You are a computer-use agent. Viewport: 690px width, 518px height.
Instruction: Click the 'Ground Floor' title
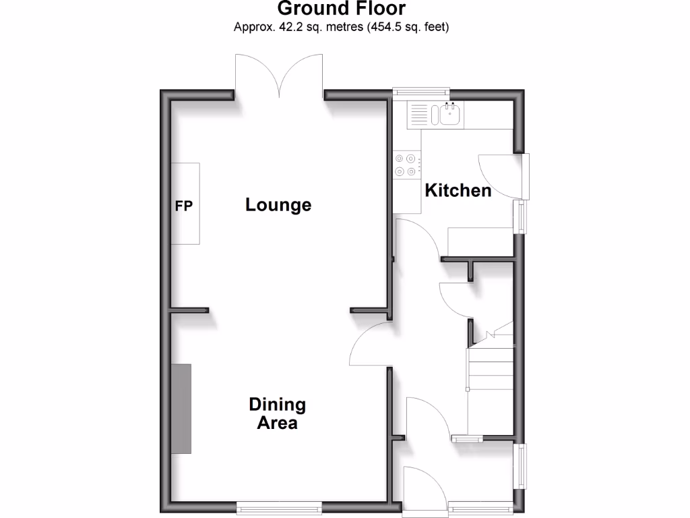pyautogui.click(x=341, y=9)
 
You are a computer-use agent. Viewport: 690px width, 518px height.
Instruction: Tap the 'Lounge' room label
pyautogui.click(x=278, y=204)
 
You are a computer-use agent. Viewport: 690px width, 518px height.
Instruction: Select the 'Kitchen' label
pyautogui.click(x=458, y=191)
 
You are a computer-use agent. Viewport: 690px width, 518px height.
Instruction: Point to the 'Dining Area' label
pyautogui.click(x=277, y=413)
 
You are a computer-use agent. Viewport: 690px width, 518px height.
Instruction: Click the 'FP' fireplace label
pyautogui.click(x=184, y=206)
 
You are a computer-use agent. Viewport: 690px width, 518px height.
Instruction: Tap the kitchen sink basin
pyautogui.click(x=449, y=115)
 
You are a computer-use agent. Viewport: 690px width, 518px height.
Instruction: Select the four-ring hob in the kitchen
pyautogui.click(x=407, y=166)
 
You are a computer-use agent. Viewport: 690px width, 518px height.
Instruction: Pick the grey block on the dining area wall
pyautogui.click(x=181, y=409)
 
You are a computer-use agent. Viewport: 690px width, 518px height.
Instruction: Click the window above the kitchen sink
pyautogui.click(x=421, y=92)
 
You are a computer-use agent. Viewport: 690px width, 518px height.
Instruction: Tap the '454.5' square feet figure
pyautogui.click(x=385, y=28)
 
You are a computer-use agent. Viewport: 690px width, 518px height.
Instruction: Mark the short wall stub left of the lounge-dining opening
pyautogui.click(x=189, y=310)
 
